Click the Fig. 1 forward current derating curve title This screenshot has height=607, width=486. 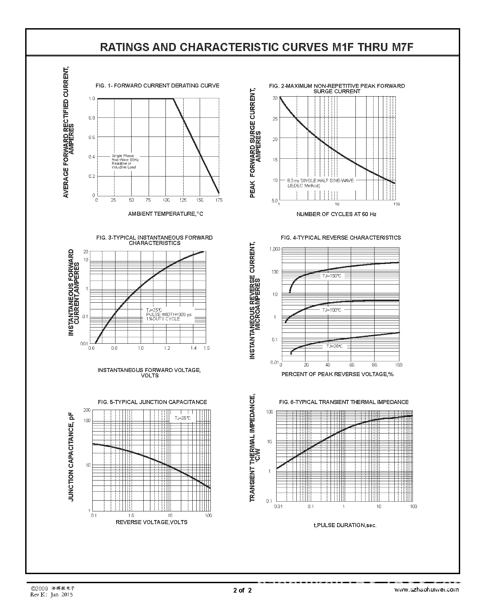pos(157,86)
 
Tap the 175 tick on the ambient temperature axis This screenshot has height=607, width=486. pos(219,200)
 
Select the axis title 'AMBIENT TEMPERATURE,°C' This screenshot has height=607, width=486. pos(165,214)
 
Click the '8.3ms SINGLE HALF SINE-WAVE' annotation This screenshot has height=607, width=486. pos(320,181)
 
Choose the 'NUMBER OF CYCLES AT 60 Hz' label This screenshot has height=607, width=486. pos(336,214)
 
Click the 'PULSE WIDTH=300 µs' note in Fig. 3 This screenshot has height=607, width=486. pos(169,314)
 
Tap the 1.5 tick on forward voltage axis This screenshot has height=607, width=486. pos(206,348)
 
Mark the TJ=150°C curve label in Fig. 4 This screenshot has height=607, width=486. pos(332,276)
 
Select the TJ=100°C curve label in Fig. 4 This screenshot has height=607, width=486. pos(332,310)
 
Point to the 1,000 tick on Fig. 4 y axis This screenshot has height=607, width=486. pos(274,249)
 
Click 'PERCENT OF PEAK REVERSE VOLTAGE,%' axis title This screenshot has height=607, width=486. pos(337,374)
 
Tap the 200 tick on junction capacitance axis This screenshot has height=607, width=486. pos(87,410)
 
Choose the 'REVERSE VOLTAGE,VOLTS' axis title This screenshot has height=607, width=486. pos(151,522)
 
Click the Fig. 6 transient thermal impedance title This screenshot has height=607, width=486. pos(344,402)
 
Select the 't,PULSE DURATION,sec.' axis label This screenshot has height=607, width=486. pos(345,525)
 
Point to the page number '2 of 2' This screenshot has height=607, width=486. pos(242,590)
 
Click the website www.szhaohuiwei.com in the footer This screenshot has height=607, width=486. pos(426,590)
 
